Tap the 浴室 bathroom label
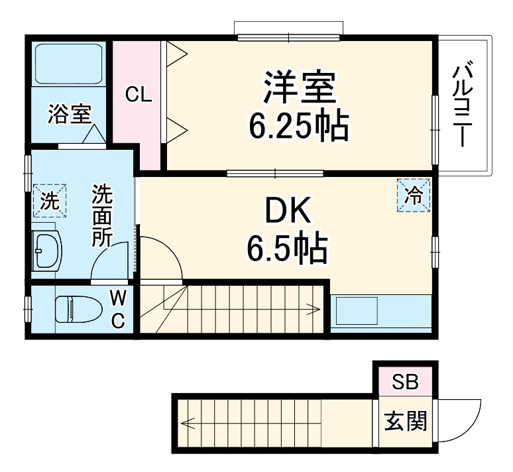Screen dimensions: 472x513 click(69, 115)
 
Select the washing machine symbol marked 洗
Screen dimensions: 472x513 click(50, 200)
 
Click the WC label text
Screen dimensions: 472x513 click(117, 308)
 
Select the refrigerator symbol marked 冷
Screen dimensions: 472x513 click(414, 196)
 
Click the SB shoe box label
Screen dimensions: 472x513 click(404, 383)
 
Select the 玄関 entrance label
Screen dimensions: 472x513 click(405, 422)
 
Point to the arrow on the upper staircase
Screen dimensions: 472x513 click(312, 308)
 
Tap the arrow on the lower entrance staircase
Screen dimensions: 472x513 click(189, 422)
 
